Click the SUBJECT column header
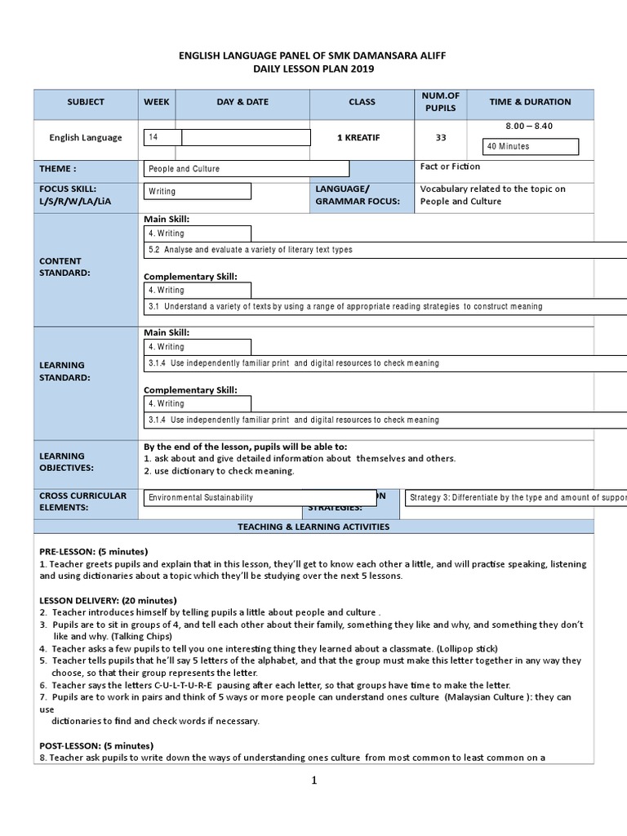[x=86, y=102]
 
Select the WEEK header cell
[x=157, y=102]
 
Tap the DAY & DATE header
[x=242, y=102]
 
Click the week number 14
[x=153, y=137]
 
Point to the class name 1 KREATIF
[x=362, y=138]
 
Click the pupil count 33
[x=441, y=138]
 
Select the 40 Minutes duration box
[x=531, y=147]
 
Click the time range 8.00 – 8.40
[x=529, y=126]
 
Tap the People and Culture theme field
[x=246, y=169]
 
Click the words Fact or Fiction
[x=450, y=167]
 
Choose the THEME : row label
[x=58, y=168]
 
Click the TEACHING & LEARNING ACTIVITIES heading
[x=313, y=527]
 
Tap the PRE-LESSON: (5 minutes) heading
[x=94, y=551]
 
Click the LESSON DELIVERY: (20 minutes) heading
[x=102, y=600]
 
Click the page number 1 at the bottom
[x=313, y=780]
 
